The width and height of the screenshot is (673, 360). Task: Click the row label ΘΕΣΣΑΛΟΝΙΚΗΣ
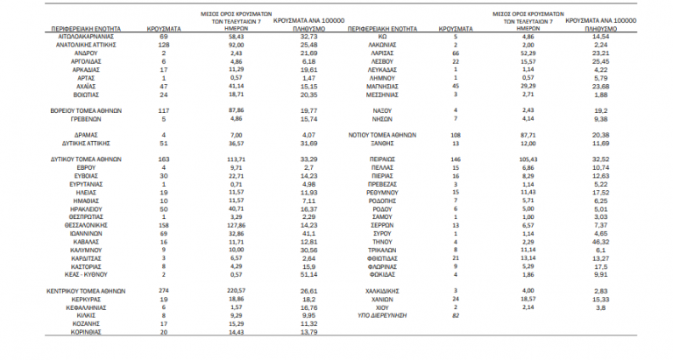(x=75, y=223)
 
